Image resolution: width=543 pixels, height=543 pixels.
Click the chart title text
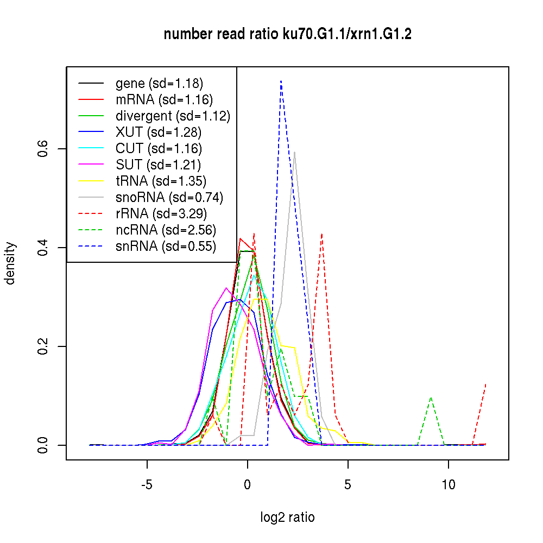(x=287, y=34)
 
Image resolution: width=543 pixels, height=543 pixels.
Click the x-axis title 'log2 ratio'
(x=287, y=517)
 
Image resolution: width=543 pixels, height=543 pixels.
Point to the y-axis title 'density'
(x=10, y=263)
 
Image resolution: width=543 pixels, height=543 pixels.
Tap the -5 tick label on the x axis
(x=147, y=484)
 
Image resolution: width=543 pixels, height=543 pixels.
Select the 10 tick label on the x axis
(x=449, y=484)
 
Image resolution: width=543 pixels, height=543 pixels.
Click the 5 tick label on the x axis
(x=348, y=484)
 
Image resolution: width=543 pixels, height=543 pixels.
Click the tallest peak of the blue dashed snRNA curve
(x=281, y=81)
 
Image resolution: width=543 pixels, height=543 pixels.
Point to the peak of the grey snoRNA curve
(x=294, y=152)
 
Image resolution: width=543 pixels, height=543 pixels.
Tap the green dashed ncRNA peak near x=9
(x=431, y=397)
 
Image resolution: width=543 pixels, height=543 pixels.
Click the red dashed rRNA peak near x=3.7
(x=322, y=233)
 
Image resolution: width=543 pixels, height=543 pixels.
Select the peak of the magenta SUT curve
(x=226, y=288)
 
